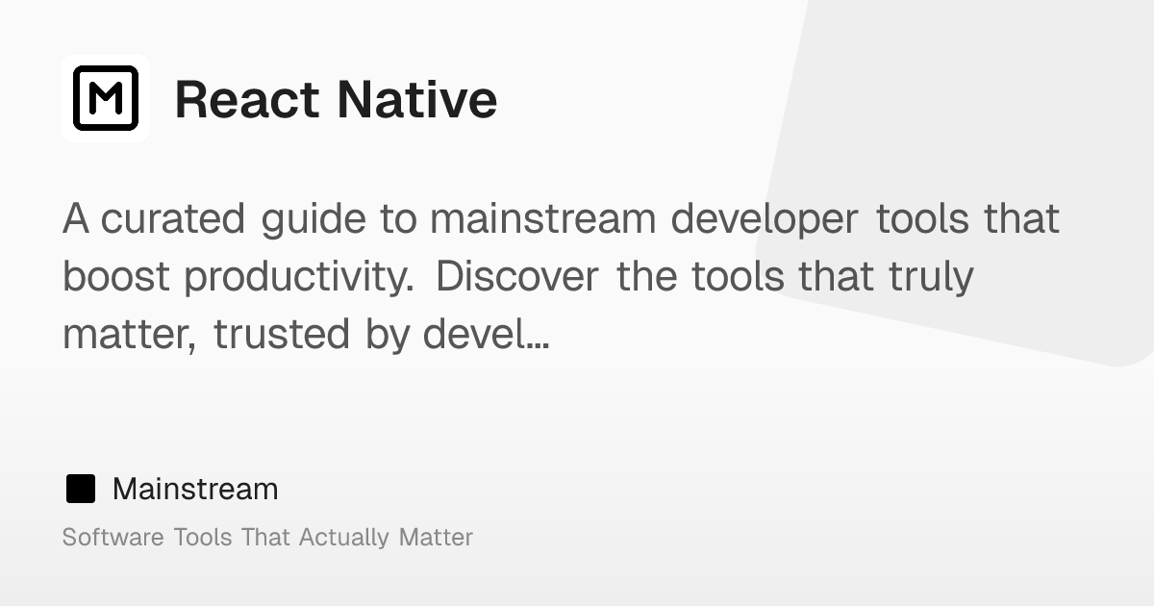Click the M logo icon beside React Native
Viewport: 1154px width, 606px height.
tap(106, 98)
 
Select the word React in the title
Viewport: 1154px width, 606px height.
tap(246, 99)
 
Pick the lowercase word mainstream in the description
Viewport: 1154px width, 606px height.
tap(543, 219)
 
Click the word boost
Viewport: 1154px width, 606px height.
tap(116, 277)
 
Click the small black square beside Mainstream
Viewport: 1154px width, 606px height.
tap(81, 490)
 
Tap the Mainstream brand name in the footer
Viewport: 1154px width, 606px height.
tap(195, 490)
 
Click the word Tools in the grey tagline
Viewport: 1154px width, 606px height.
tap(203, 537)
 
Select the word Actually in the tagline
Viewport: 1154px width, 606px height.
tap(344, 538)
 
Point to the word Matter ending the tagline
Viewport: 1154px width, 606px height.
tap(436, 537)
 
